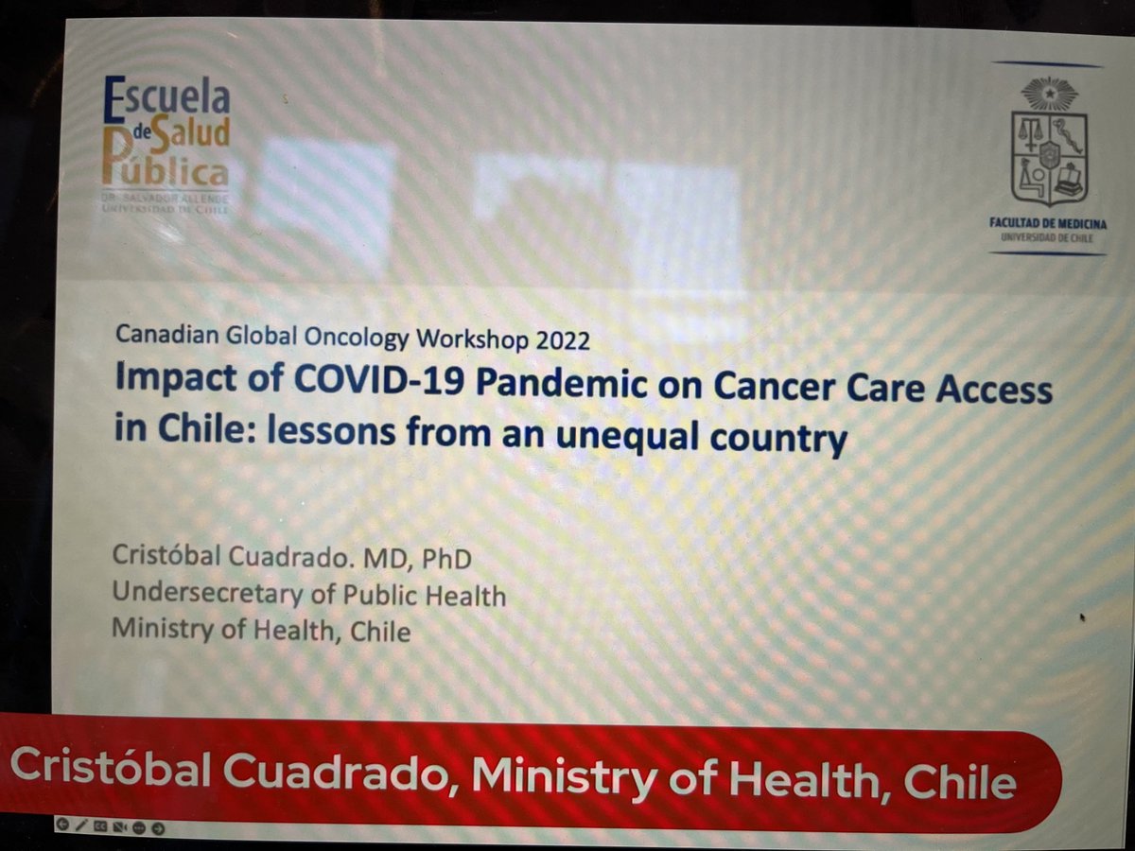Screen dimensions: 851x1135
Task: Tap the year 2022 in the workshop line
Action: [x=562, y=339]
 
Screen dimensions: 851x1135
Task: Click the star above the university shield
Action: [x=1049, y=94]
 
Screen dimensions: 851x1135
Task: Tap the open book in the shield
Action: [x=1068, y=180]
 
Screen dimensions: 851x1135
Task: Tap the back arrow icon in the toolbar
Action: [x=63, y=825]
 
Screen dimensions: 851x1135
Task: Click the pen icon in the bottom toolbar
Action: [x=81, y=825]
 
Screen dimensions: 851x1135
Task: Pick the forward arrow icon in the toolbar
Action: [x=158, y=827]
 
